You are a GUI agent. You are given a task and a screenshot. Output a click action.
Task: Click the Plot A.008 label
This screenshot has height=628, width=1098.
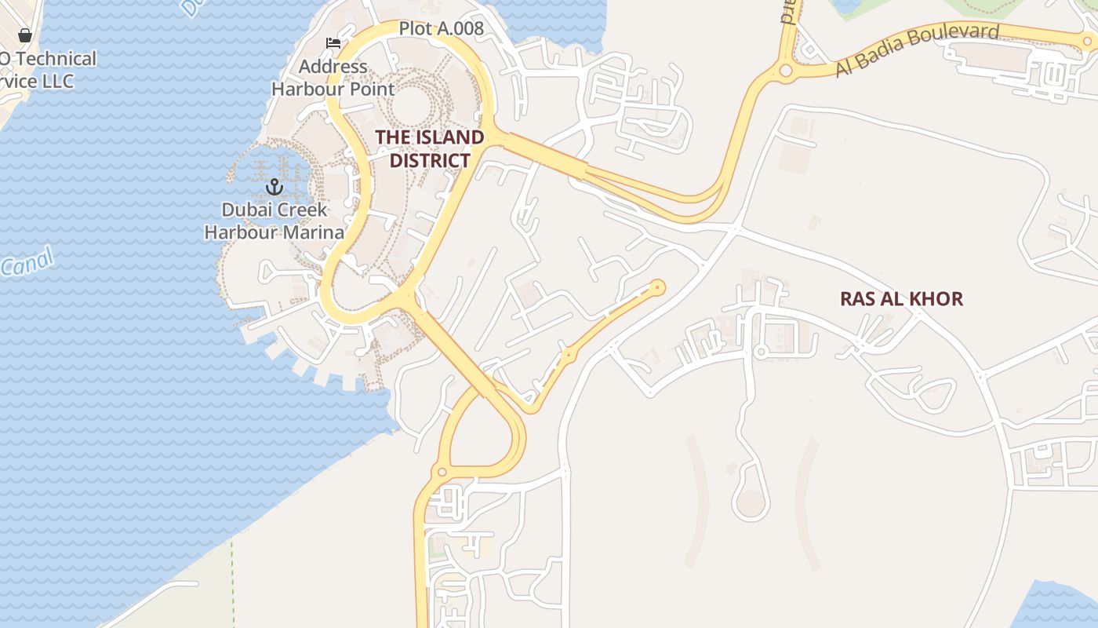(x=442, y=29)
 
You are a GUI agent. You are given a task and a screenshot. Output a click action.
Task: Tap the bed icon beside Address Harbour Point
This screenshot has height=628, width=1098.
(x=333, y=42)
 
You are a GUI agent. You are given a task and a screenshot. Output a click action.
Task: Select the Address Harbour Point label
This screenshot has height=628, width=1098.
(x=333, y=78)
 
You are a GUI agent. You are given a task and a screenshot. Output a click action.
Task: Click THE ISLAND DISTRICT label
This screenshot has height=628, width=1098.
(x=430, y=148)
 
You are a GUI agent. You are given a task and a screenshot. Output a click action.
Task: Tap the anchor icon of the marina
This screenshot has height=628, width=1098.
(x=274, y=187)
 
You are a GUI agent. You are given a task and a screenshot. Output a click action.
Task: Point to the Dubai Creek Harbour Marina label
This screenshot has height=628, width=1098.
(x=274, y=221)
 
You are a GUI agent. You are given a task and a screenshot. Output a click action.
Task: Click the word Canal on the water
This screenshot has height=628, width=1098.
(x=27, y=262)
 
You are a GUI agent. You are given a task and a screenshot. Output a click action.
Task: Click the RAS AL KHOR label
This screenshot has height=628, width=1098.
(x=901, y=299)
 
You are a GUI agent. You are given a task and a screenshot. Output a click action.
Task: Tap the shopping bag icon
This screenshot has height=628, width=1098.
(x=25, y=35)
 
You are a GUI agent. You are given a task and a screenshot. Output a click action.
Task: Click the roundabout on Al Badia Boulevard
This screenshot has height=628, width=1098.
(x=786, y=71)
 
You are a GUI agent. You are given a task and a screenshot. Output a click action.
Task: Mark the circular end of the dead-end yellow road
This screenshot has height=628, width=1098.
(x=657, y=288)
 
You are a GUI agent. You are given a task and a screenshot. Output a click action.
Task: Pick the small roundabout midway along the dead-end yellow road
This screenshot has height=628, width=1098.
(x=569, y=356)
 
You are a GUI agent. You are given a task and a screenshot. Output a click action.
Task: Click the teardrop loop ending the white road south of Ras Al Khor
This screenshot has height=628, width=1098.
(x=751, y=501)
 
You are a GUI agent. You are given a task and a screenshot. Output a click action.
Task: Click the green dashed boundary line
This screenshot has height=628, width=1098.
(x=232, y=581)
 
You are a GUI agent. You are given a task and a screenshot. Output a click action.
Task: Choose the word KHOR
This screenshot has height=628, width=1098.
(x=935, y=299)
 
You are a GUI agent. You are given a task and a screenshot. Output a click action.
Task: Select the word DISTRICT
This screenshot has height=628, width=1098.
(x=430, y=161)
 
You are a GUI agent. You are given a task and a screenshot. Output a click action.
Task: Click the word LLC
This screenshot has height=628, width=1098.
(x=59, y=81)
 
